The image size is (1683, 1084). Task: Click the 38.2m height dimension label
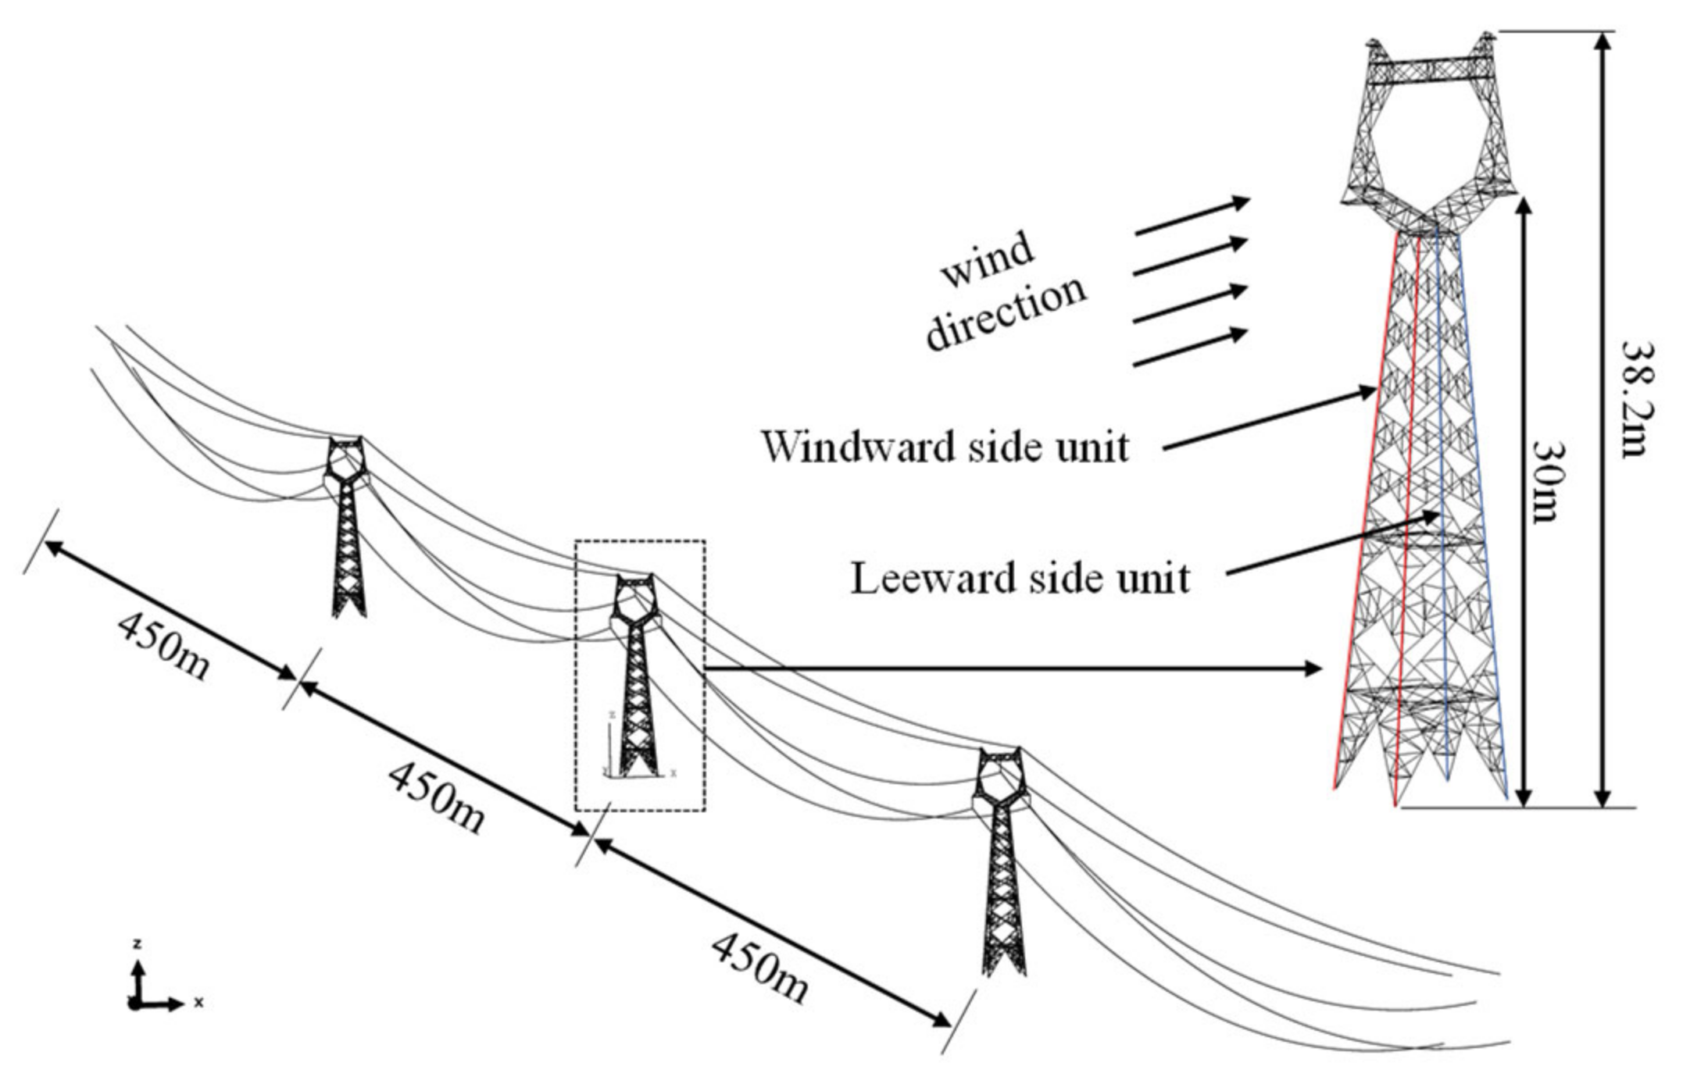click(1635, 400)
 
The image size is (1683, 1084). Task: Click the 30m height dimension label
click(1547, 482)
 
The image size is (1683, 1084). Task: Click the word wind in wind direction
click(988, 261)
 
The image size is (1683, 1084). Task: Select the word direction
click(1006, 312)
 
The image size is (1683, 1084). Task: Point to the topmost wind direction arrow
click(1192, 216)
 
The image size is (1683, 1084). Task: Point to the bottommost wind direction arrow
click(1189, 348)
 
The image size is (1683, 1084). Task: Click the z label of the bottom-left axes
click(138, 945)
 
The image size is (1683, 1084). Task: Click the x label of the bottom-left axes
click(199, 1003)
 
